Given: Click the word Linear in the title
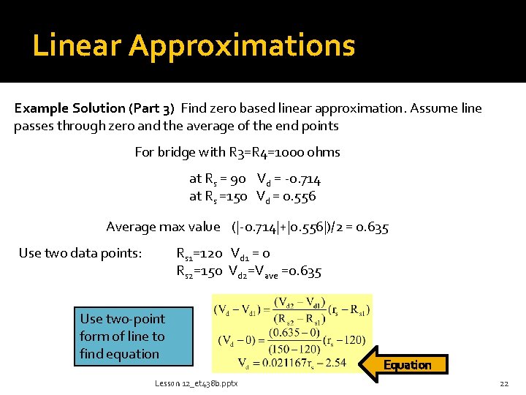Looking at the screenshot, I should click(77, 45).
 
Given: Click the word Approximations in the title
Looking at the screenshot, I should click(242, 45).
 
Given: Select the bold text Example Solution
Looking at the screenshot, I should click(70, 108).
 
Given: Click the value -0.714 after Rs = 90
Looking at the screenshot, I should click(304, 179).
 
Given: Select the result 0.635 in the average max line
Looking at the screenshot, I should click(371, 227).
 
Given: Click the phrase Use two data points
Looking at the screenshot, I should click(80, 253).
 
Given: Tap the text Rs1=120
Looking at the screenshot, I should click(199, 253).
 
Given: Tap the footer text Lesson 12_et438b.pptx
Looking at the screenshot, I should click(196, 383).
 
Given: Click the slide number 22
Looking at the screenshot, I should click(503, 383).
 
